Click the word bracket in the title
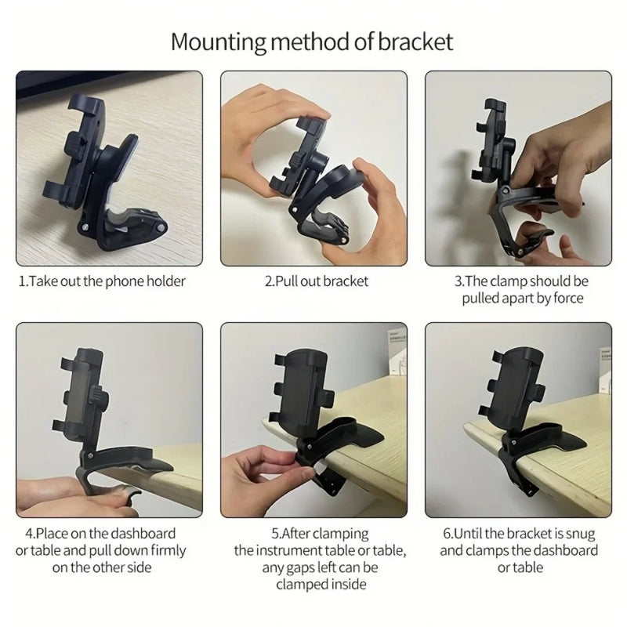tap(416, 41)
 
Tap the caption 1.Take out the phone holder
tap(102, 281)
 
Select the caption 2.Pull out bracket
tap(316, 281)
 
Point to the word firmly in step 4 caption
tap(163, 550)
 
